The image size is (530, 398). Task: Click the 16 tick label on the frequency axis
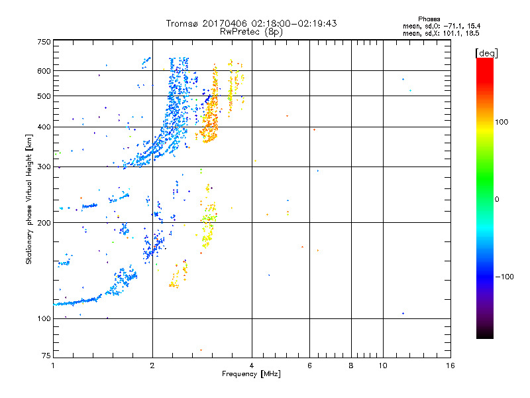[450, 365]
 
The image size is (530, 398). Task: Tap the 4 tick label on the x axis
[252, 365]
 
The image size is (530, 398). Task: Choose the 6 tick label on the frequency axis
[310, 365]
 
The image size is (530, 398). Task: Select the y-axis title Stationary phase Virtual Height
[29, 199]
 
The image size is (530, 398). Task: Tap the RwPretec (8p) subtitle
[252, 31]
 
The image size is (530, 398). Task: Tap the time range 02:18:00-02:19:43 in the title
[291, 23]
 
